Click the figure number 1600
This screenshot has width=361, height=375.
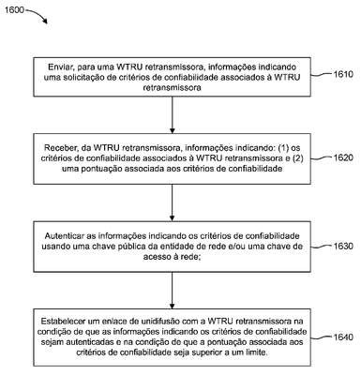coord(14,10)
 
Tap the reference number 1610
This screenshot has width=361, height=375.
coord(343,74)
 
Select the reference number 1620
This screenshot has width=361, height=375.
coord(343,157)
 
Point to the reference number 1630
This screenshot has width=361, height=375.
coord(343,246)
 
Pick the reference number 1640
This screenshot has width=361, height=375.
coord(343,337)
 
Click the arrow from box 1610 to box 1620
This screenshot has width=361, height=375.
coord(172,115)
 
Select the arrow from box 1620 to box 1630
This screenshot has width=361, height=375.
coord(172,202)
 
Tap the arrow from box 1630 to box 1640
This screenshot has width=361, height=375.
coord(172,291)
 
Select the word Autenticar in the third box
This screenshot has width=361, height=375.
coord(62,235)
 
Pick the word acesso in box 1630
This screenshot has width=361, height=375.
coord(155,257)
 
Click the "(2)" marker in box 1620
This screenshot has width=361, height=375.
coord(297,158)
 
